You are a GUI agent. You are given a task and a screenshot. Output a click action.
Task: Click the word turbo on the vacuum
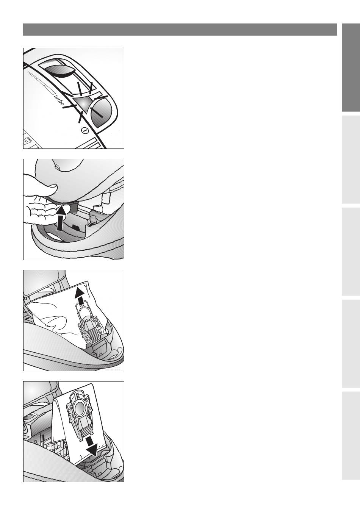(59, 100)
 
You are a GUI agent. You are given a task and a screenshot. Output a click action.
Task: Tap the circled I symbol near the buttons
(85, 131)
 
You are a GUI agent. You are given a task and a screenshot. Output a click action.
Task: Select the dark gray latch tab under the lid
(74, 207)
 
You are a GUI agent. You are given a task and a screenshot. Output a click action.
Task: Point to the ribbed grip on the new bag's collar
(86, 432)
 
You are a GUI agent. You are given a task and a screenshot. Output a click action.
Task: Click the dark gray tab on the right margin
(351, 68)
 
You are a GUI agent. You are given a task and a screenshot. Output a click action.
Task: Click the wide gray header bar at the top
(180, 30)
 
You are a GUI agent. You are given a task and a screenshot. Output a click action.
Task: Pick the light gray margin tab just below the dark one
(351, 159)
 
